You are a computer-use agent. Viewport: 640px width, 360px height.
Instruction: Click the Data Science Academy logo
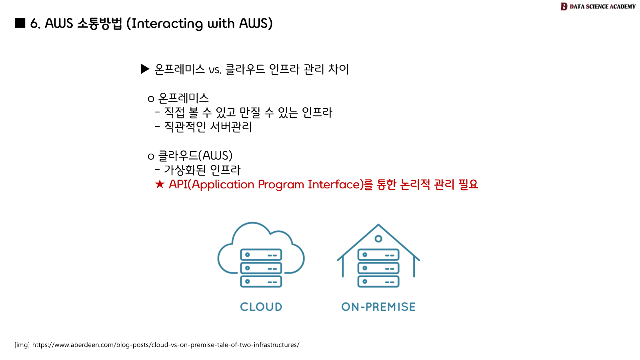pos(598,6)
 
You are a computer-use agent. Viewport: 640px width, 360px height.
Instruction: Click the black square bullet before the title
pos(20,23)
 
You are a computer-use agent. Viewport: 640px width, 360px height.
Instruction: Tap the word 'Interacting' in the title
pos(167,24)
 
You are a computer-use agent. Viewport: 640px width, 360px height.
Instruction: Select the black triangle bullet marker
pos(145,69)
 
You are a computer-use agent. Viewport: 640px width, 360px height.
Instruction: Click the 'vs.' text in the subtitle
pos(215,70)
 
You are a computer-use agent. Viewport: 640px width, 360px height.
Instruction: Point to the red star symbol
pos(160,184)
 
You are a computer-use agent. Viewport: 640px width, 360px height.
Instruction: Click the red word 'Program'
pos(281,184)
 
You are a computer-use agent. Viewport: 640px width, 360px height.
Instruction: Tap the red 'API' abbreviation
pos(178,184)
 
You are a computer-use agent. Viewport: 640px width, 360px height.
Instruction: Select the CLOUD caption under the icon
pos(261,307)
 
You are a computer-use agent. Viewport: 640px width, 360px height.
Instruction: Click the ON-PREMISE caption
pos(378,307)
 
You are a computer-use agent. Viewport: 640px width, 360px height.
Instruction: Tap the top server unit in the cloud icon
pos(261,255)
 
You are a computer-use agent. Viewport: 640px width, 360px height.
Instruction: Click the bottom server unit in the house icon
pos(378,282)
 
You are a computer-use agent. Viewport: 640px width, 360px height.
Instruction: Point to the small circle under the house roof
pos(378,239)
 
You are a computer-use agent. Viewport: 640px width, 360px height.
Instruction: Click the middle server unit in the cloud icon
pos(261,268)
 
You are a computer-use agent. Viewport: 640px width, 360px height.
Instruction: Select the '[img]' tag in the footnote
pos(22,345)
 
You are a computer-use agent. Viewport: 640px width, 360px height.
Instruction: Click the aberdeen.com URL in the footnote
pos(166,345)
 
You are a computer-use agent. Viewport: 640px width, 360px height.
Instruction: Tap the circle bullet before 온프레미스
pos(151,99)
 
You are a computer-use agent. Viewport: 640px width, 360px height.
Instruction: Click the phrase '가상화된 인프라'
pos(202,170)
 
